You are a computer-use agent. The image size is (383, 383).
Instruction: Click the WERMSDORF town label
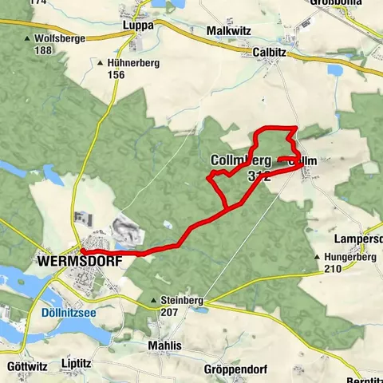pyautogui.click(x=71, y=261)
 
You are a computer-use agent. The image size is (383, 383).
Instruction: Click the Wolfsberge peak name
pyautogui.click(x=60, y=38)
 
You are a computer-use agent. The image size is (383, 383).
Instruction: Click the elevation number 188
pyautogui.click(x=43, y=50)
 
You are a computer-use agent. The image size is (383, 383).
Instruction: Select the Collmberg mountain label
pyautogui.click(x=241, y=160)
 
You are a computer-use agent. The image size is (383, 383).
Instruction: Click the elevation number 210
pyautogui.click(x=333, y=269)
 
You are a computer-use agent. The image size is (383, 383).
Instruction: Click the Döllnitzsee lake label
pyautogui.click(x=68, y=314)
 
